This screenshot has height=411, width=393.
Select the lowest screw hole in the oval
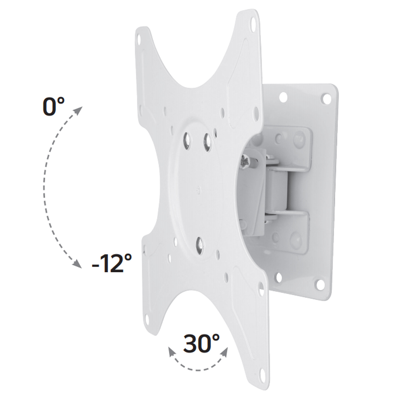[x=200, y=246]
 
